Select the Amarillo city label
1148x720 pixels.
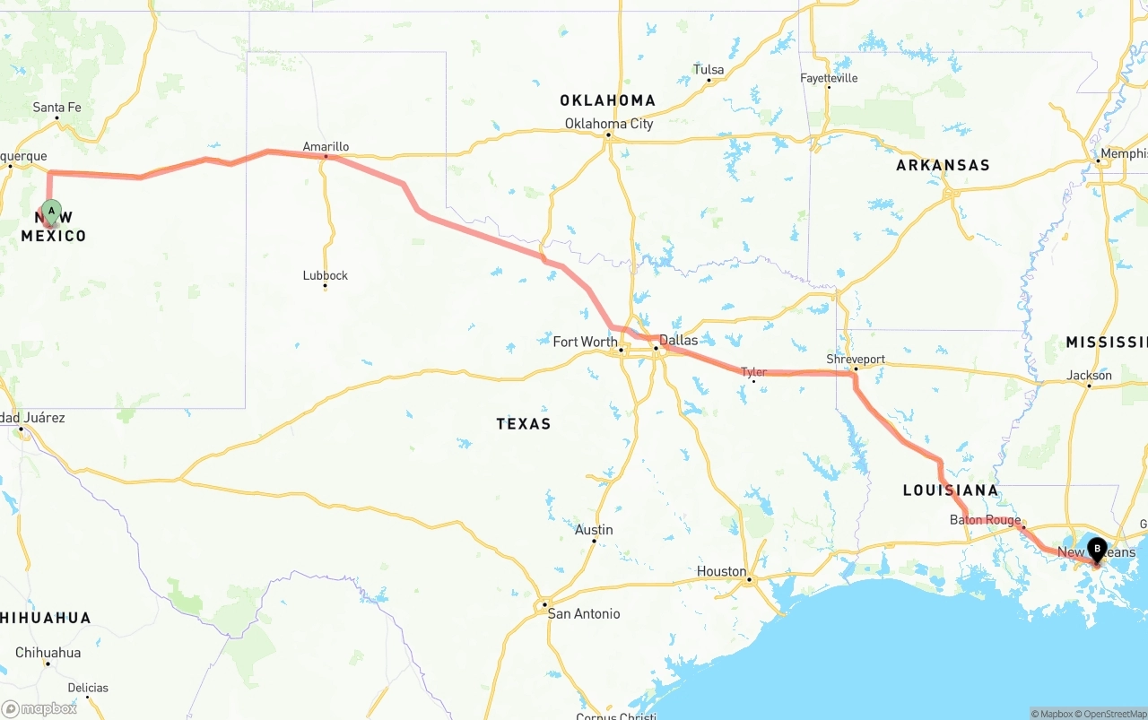[x=326, y=147]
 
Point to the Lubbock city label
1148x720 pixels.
[x=325, y=275]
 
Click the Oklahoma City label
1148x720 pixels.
[x=609, y=124]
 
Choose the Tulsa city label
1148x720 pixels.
[x=709, y=70]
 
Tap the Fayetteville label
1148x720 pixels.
[x=829, y=78]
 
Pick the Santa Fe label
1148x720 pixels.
[x=57, y=108]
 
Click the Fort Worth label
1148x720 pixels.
[x=585, y=342]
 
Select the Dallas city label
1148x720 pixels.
[x=678, y=341]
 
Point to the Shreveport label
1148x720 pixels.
[x=856, y=360]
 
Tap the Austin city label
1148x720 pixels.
[x=594, y=530]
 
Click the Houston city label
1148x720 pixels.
[x=721, y=571]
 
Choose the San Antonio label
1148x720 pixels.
[x=584, y=613]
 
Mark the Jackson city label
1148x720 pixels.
[x=1090, y=376]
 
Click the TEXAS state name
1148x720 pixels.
[x=524, y=423]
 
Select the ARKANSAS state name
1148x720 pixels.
[x=943, y=165]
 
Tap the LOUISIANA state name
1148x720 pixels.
[x=950, y=490]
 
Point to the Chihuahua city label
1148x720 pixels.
[x=48, y=653]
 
